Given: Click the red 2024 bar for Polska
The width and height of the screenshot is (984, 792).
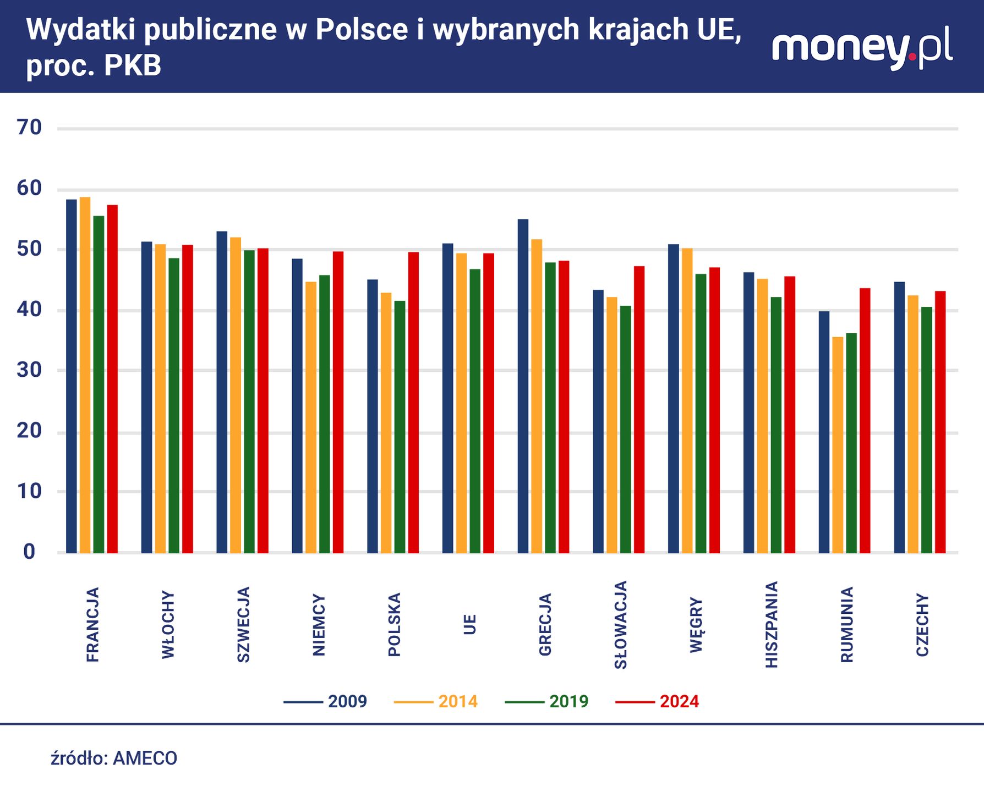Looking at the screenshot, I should pyautogui.click(x=413, y=403).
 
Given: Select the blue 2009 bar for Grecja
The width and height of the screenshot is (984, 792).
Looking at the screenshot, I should pyautogui.click(x=523, y=386).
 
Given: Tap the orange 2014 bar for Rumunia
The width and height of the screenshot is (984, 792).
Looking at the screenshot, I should pyautogui.click(x=838, y=445).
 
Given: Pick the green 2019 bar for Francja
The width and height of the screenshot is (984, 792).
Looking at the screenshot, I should pyautogui.click(x=99, y=384).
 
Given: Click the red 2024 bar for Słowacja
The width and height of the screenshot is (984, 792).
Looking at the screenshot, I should pyautogui.click(x=639, y=410).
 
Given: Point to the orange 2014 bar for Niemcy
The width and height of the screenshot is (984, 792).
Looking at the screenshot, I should pyautogui.click(x=311, y=417).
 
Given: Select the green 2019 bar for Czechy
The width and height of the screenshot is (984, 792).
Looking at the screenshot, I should pyautogui.click(x=927, y=430).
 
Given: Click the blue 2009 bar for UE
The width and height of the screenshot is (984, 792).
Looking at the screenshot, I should pyautogui.click(x=447, y=398).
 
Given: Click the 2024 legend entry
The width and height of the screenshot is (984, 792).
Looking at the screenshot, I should pyautogui.click(x=657, y=702).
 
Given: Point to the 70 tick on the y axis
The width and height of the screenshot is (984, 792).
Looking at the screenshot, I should pyautogui.click(x=29, y=128).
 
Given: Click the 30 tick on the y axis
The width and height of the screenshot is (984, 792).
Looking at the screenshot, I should pyautogui.click(x=29, y=370).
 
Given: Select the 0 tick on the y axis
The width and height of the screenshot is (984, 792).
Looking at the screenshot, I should pyautogui.click(x=29, y=552).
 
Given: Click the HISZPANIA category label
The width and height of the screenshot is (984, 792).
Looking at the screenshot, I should pyautogui.click(x=772, y=625).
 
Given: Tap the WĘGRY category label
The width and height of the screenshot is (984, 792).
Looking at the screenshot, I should pyautogui.click(x=696, y=625).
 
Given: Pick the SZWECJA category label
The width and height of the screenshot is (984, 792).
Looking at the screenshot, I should pyautogui.click(x=243, y=625).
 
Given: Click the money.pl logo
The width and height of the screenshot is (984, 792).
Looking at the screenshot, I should pyautogui.click(x=862, y=48).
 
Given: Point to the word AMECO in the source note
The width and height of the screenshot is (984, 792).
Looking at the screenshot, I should pyautogui.click(x=145, y=758).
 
